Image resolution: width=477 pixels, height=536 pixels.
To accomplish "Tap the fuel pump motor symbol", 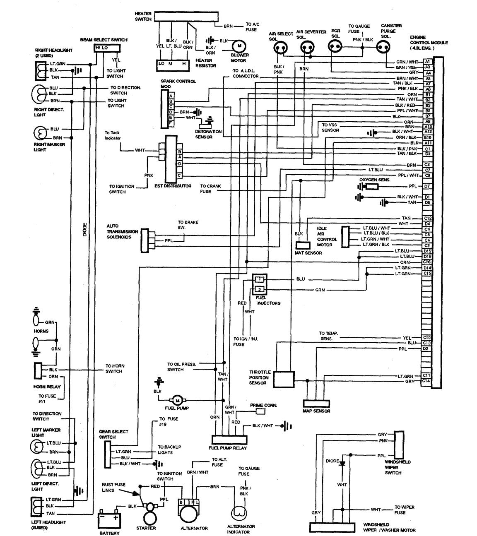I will tap(177, 400).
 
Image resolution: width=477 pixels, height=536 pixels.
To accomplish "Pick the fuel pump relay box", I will tap(229, 440).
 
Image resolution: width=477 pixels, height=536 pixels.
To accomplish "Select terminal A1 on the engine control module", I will tap(428, 62).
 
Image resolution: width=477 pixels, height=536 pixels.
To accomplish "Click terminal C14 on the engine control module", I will tap(427, 381).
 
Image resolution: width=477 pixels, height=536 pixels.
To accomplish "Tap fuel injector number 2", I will tap(259, 289).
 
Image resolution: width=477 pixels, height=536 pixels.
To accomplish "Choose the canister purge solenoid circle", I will tap(383, 48).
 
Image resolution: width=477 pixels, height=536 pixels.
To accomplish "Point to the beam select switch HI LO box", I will tap(101, 48).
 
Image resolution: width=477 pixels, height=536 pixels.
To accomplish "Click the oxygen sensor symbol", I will tap(372, 187).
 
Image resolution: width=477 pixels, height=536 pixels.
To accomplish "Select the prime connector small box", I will tap(260, 411).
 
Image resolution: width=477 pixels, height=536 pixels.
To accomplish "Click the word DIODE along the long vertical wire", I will tap(84, 230).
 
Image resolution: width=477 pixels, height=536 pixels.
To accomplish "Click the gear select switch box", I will tap(108, 453).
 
